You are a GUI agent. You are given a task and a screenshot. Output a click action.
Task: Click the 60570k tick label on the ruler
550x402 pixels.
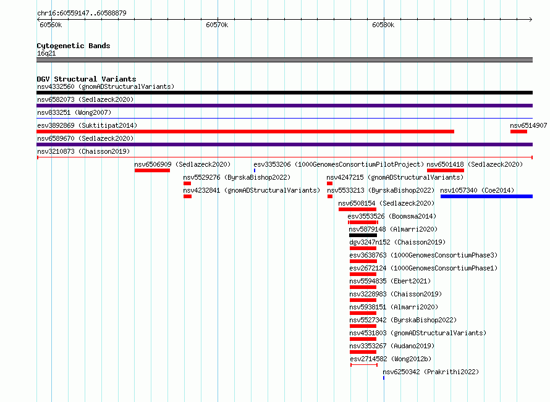tap(217, 25)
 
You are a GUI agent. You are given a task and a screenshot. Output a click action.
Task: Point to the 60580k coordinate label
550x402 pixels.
tap(383, 25)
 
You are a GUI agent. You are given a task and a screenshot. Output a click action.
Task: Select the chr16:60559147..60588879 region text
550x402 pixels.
tap(82, 13)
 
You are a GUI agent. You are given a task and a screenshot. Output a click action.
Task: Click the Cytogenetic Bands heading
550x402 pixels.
tap(74, 46)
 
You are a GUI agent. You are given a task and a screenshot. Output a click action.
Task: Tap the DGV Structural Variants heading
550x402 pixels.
tap(87, 79)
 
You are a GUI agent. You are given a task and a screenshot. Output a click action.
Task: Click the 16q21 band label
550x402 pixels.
tap(46, 53)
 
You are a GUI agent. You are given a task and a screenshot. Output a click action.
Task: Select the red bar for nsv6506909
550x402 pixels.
tap(152, 170)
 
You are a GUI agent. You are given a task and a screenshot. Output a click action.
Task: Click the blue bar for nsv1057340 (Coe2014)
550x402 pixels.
tap(486, 196)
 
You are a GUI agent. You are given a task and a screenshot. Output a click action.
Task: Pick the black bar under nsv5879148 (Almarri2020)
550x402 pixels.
tap(363, 235)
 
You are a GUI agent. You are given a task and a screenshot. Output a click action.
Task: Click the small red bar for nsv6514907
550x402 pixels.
tap(518, 132)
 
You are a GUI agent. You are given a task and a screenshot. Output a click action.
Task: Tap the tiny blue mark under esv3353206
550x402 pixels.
tap(255, 170)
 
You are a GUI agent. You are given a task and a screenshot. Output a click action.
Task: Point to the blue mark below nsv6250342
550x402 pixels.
tap(384, 378)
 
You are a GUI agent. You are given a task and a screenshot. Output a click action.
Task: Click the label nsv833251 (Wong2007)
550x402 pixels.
tap(74, 112)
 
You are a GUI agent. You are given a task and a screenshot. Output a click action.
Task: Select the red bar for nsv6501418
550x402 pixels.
tap(446, 170)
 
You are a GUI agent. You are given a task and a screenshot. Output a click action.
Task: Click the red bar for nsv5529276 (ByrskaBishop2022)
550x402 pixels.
tap(187, 183)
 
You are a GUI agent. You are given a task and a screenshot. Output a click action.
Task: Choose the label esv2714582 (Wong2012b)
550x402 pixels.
tap(391, 359)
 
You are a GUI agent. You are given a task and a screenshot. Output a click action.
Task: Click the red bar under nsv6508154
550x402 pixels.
tap(357, 209)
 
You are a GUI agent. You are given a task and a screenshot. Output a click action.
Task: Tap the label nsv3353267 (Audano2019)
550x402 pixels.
tap(392, 346)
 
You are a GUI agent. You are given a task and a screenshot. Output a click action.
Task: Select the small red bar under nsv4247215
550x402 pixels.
tap(330, 183)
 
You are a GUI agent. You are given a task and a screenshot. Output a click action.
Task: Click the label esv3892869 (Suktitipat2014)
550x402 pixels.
tap(87, 125)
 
